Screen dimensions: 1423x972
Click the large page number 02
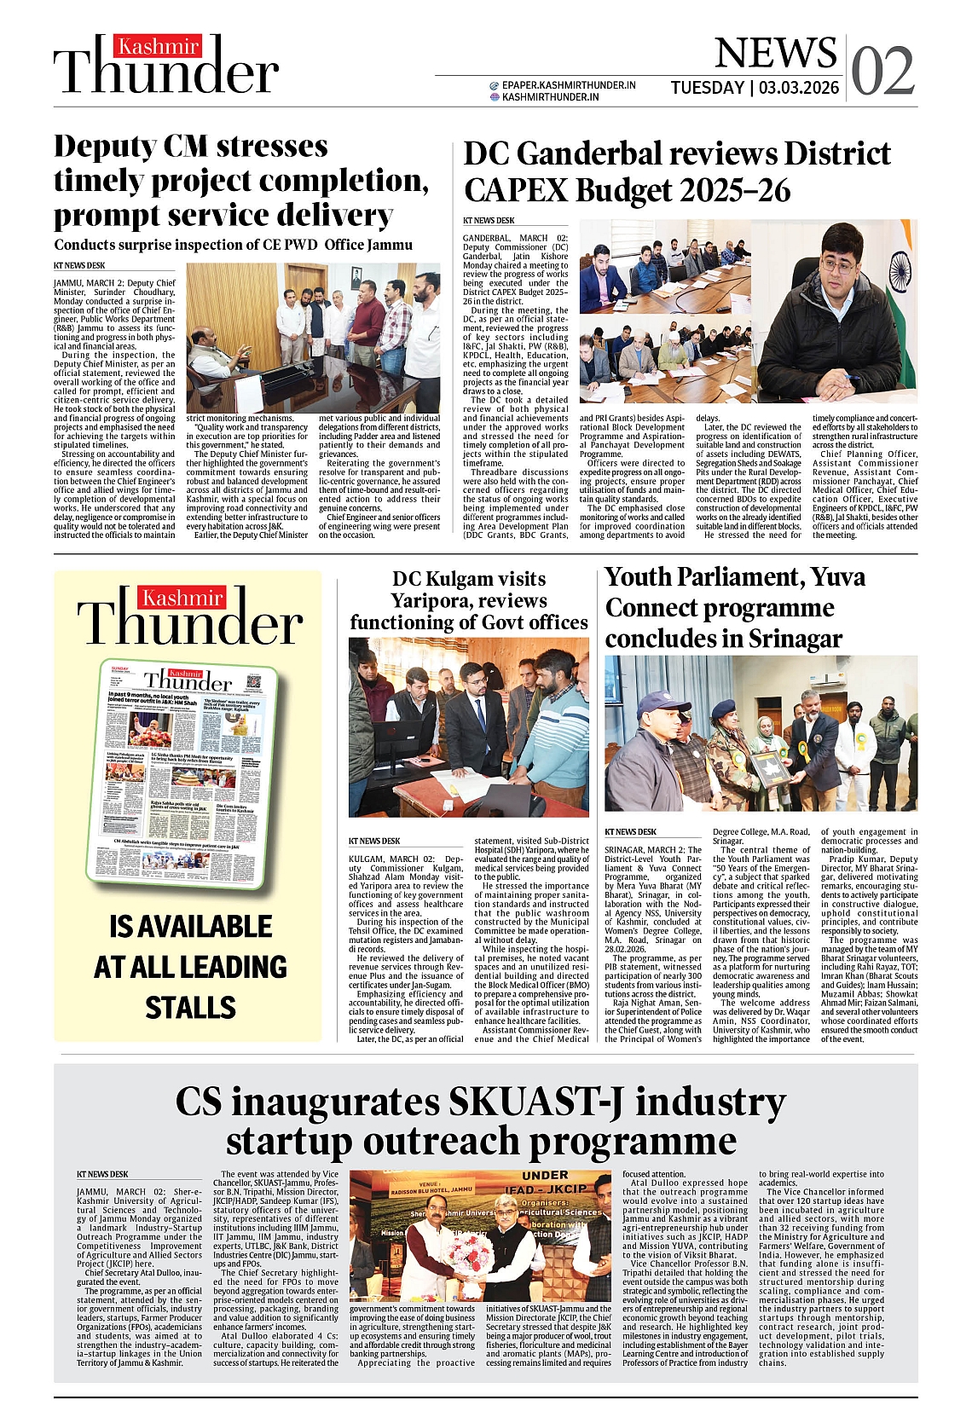tap(883, 72)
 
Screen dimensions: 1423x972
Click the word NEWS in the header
tap(775, 54)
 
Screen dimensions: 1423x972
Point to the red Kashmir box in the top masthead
tap(159, 46)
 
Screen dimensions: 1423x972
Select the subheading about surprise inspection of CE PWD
tap(233, 245)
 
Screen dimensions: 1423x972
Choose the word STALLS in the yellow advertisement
tap(190, 1008)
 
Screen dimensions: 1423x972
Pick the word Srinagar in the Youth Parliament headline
tap(795, 639)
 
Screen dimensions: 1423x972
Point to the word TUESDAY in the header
tap(707, 88)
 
